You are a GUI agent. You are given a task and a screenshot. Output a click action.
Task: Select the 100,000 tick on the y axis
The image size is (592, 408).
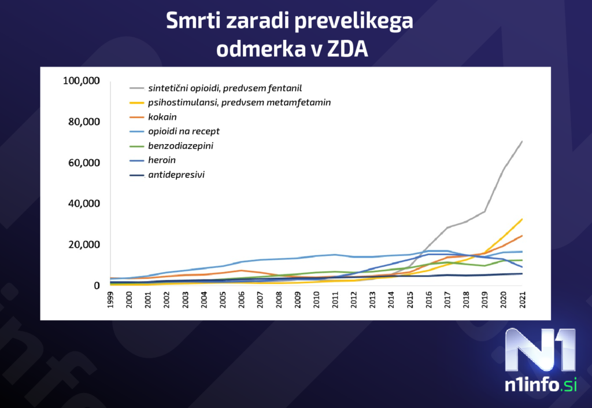coord(82,80)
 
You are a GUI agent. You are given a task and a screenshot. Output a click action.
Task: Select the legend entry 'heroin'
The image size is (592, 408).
coord(161,160)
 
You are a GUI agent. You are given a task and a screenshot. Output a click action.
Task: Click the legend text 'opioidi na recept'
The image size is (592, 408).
coord(184,131)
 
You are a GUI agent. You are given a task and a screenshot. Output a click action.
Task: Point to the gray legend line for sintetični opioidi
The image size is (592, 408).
coord(136,89)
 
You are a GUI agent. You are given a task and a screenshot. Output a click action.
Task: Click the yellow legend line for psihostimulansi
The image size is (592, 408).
coord(136,103)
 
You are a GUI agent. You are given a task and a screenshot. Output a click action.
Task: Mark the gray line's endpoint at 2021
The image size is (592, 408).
coord(522,141)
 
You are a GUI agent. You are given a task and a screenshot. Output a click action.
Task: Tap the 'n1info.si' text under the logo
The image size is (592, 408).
coord(539,385)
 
